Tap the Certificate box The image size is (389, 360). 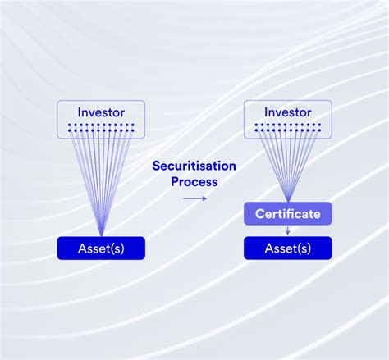pyautogui.click(x=287, y=214)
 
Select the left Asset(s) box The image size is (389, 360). pyautogui.click(x=101, y=248)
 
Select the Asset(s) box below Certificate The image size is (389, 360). pyautogui.click(x=287, y=248)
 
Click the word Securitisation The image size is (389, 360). pyautogui.click(x=194, y=166)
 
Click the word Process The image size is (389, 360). pyautogui.click(x=194, y=181)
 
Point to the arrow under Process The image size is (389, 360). pyautogui.click(x=194, y=198)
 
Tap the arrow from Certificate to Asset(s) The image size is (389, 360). pyautogui.click(x=287, y=230)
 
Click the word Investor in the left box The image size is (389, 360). pyautogui.click(x=101, y=112)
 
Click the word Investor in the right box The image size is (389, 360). pyautogui.click(x=287, y=112)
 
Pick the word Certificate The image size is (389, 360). pyautogui.click(x=287, y=214)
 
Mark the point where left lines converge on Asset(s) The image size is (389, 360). pyautogui.click(x=101, y=236)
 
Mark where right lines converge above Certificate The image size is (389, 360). pyautogui.click(x=287, y=202)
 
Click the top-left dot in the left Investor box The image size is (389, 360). pyautogui.click(x=70, y=125)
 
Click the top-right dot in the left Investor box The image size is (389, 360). pyautogui.click(x=132, y=125)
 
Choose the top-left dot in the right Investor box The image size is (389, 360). pyautogui.click(x=256, y=125)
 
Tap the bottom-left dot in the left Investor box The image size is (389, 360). pyautogui.click(x=70, y=130)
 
